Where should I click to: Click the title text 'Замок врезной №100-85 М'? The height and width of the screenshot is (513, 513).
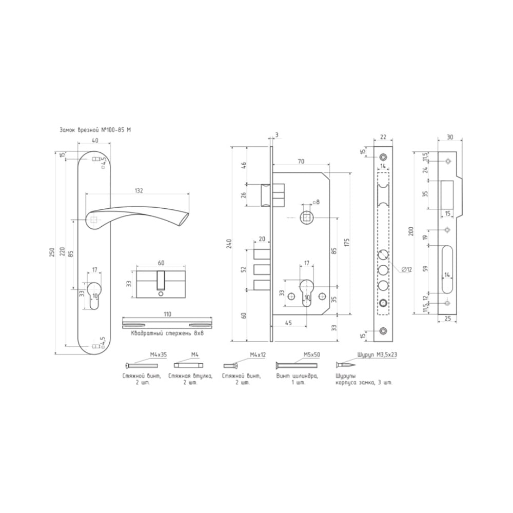[95, 130]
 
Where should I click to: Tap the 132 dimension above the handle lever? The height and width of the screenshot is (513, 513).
[139, 190]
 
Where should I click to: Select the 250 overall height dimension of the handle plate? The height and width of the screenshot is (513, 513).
[52, 252]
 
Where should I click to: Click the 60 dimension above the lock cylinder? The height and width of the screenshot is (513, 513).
[161, 263]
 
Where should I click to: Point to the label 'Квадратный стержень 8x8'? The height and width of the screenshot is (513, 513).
[167, 333]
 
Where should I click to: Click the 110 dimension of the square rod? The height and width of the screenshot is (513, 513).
[167, 314]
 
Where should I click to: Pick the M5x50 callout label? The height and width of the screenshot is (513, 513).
[312, 354]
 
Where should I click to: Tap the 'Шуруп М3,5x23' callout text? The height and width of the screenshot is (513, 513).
[378, 354]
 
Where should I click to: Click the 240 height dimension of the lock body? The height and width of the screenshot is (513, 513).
[229, 244]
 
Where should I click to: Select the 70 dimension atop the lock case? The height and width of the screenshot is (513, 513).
[301, 161]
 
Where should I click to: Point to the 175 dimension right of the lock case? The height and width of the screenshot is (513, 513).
[347, 243]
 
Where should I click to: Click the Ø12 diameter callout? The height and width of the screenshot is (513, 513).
[406, 269]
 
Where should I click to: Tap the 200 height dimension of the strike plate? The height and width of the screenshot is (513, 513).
[411, 231]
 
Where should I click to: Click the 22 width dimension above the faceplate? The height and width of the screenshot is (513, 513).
[383, 137]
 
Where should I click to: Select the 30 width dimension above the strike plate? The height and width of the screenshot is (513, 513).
[450, 137]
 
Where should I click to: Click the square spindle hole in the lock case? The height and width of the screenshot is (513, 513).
[307, 218]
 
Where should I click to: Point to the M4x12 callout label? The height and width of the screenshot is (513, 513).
[258, 354]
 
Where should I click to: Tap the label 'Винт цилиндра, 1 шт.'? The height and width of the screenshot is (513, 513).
[297, 379]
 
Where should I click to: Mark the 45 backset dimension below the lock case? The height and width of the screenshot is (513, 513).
[288, 323]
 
